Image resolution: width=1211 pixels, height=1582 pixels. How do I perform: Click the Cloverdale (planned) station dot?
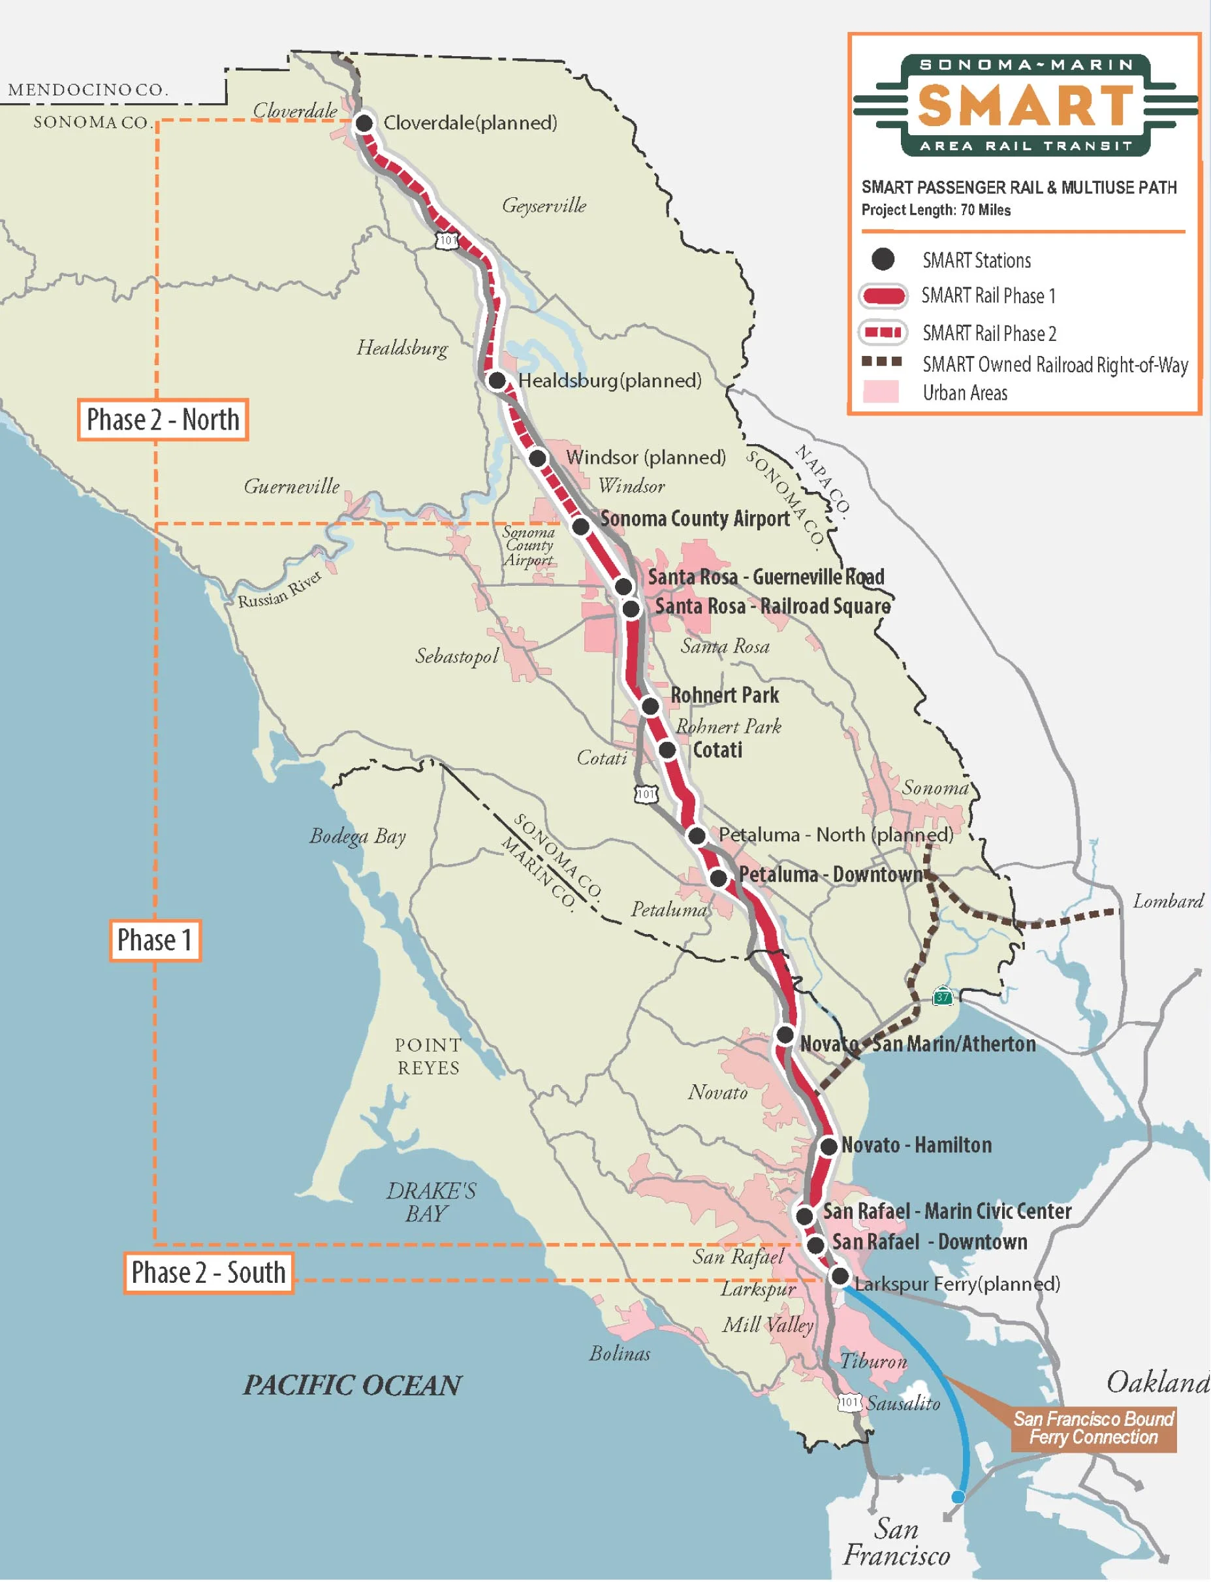point(365,123)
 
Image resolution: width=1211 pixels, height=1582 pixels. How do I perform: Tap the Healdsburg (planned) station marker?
point(497,380)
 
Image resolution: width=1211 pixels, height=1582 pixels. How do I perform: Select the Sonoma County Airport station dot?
point(581,526)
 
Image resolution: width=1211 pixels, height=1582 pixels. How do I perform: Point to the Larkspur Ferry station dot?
point(840,1276)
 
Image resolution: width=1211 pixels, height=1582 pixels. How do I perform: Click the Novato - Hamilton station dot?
point(829,1146)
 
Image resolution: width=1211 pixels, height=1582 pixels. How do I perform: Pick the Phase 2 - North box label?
point(163,419)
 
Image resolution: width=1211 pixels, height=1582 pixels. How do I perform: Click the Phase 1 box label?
point(155,941)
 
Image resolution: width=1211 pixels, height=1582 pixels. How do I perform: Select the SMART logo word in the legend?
point(1026,105)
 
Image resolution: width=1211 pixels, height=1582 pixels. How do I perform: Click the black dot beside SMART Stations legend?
point(883,259)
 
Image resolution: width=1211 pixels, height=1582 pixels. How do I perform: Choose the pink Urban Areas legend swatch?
point(881,393)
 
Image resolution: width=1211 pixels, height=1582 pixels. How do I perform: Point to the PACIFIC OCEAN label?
point(353,1385)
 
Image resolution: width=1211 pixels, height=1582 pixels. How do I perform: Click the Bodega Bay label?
point(358,837)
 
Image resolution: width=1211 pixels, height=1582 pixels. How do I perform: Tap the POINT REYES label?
point(428,1056)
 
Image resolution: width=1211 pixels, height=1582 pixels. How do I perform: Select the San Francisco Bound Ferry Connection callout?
point(1093,1429)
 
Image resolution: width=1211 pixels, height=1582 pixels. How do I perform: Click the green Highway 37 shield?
point(943,998)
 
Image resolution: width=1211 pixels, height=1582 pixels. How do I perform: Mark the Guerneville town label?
point(291,487)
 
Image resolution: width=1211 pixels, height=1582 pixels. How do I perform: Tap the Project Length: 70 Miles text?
point(936,210)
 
